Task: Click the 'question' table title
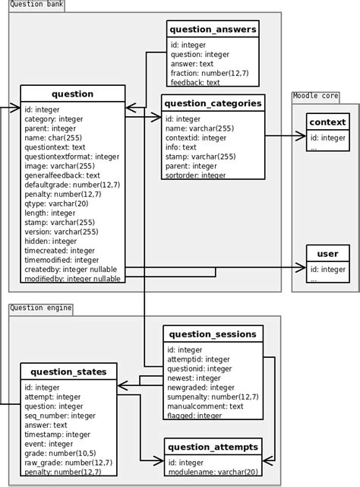click(72, 94)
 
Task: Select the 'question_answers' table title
click(213, 30)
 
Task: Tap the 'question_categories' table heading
click(213, 103)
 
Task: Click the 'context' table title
click(328, 122)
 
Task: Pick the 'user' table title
click(328, 254)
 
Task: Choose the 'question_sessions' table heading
click(213, 334)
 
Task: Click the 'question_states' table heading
click(69, 372)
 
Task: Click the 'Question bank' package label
click(36, 5)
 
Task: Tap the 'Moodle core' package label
click(315, 96)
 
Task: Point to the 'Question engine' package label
click(41, 308)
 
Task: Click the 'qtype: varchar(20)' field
click(56, 204)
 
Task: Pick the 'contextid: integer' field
click(195, 138)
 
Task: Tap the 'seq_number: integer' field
click(58, 416)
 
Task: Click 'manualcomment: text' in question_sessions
click(205, 406)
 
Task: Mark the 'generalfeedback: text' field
click(62, 176)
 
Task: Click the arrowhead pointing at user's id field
click(302, 267)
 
